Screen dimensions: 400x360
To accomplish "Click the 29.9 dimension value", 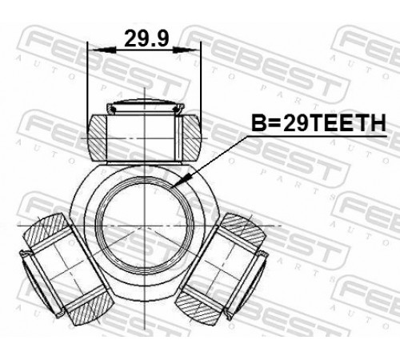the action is click(x=146, y=38).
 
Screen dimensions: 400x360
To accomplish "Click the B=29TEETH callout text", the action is click(x=318, y=123).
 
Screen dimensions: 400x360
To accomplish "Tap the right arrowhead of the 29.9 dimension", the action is click(x=186, y=50).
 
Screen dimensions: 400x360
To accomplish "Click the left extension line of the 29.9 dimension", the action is click(x=87, y=88).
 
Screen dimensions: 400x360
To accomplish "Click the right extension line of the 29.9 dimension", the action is click(x=201, y=82).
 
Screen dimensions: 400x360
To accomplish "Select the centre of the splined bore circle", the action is click(x=144, y=226).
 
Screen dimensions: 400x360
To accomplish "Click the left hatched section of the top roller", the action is click(x=98, y=138).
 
